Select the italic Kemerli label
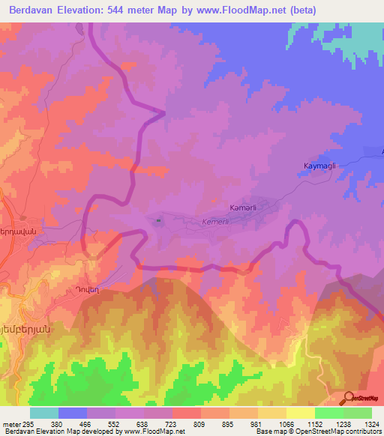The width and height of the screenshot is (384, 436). tap(218, 222)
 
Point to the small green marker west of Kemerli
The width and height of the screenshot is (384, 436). tap(157, 220)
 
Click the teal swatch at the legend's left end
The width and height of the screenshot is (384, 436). tap(44, 413)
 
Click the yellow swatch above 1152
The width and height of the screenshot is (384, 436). tap(300, 413)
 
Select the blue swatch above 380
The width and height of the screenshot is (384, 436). tap(73, 413)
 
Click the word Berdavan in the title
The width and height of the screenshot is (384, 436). tap(34, 10)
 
